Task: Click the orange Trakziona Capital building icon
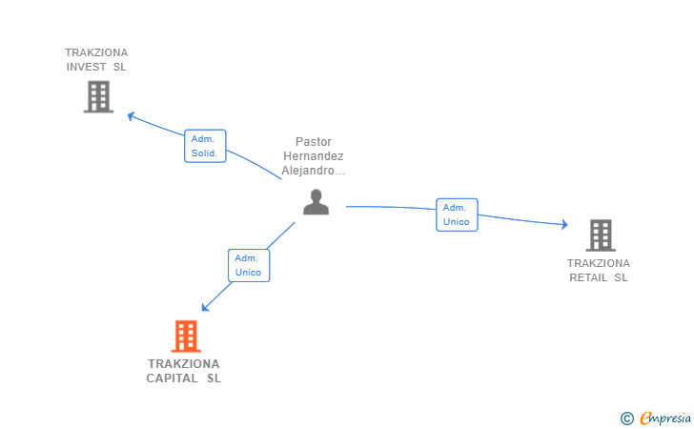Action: [186, 336]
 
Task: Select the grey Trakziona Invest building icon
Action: [98, 96]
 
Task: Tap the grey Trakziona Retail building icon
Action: [600, 235]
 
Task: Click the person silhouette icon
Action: [316, 202]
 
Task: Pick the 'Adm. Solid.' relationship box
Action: [205, 146]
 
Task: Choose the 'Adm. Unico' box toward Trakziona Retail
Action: [457, 214]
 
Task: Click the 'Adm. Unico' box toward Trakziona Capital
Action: [249, 265]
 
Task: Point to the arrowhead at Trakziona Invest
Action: [132, 116]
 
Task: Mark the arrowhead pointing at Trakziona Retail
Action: [563, 225]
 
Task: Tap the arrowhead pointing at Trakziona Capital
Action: [205, 307]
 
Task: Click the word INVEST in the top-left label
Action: [86, 67]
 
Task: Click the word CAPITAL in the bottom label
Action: [173, 378]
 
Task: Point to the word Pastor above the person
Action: [314, 141]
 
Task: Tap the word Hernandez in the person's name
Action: [314, 156]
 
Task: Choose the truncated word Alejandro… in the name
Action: [314, 172]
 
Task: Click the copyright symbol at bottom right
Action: [626, 418]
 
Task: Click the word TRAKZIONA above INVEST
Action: [96, 52]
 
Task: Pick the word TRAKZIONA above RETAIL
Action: [599, 263]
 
